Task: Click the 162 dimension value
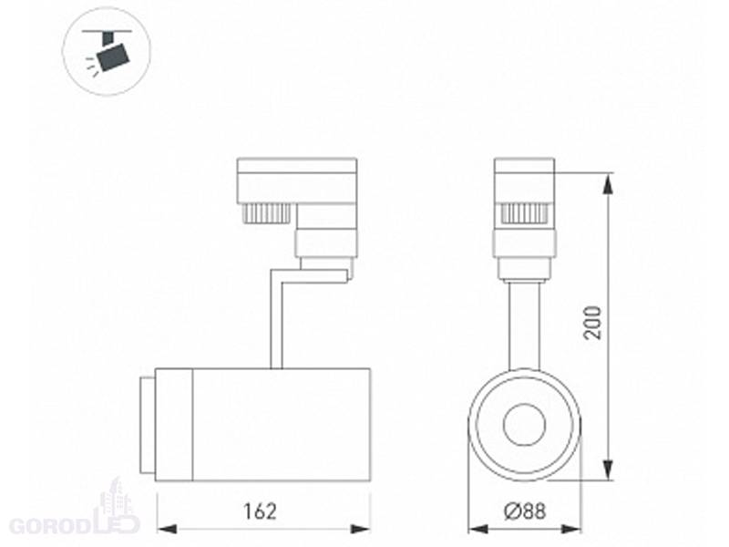(260, 511)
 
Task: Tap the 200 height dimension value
(593, 323)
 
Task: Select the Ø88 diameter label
(525, 511)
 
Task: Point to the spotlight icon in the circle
(108, 51)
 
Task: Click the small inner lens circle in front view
(525, 425)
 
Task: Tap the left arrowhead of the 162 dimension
(168, 529)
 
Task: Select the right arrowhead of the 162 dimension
(360, 529)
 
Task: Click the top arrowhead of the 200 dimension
(608, 183)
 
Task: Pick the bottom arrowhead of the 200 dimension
(608, 470)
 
